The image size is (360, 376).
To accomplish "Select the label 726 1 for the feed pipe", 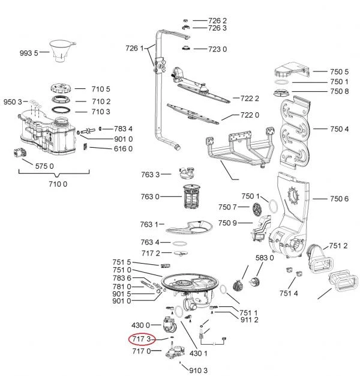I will coord(135,48).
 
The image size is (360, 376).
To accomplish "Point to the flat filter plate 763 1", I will coord(193,229).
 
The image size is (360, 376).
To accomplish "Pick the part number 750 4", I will coord(338,129).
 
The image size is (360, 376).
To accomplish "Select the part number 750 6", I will coord(338,199).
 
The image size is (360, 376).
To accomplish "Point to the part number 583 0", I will coord(264,258).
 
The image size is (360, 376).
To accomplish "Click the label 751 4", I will coord(289,293).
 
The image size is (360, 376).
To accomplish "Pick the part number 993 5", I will coord(28,53).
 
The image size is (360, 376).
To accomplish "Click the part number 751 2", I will coord(338,246).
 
